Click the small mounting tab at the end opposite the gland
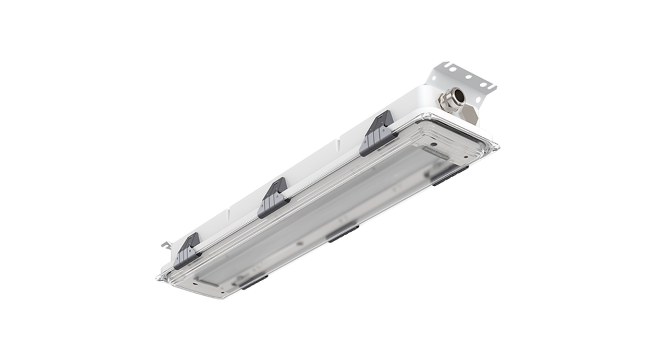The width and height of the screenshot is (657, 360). point(165,243)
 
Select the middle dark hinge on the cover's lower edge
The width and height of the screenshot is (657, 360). point(342,233)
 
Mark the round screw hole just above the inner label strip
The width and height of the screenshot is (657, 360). point(434,141)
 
